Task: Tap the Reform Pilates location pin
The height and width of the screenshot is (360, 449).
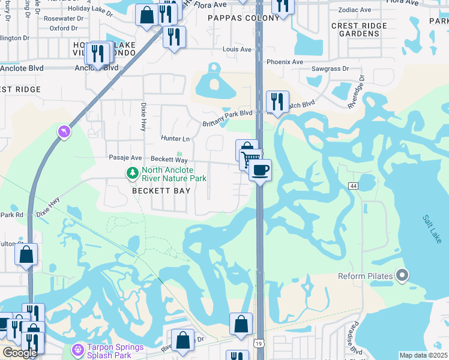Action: coord(402,276)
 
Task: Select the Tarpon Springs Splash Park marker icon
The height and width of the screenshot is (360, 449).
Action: coord(77,349)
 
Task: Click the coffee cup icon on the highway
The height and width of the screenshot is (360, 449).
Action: coord(260,170)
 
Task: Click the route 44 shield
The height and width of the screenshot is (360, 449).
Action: coord(352,186)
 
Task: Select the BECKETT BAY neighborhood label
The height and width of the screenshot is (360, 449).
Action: coord(161,191)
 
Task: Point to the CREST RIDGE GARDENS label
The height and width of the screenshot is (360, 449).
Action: coord(355,29)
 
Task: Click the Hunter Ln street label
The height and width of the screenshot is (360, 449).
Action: coord(175,138)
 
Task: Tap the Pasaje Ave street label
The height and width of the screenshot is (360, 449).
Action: coord(125,158)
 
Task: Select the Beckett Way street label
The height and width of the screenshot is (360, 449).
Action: coord(169,160)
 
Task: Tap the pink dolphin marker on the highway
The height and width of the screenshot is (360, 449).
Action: coord(64,131)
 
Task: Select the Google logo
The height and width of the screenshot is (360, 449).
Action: coord(20,353)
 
